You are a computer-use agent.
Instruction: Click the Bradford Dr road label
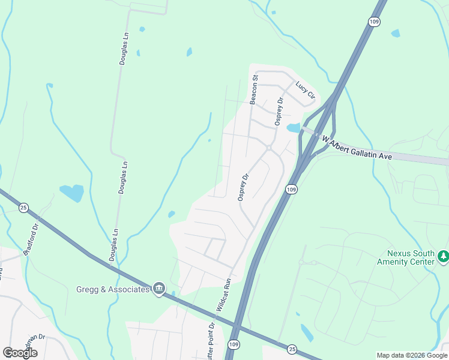[31, 239]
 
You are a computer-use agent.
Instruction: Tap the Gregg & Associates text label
[112, 289]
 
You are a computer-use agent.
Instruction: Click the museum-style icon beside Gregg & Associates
[159, 289]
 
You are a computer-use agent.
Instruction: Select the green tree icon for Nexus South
[444, 257]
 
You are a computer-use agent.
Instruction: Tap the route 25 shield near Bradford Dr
[23, 208]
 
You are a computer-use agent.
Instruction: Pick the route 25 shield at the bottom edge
[292, 349]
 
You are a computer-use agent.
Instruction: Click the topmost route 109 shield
[373, 22]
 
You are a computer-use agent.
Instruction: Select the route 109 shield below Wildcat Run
[234, 344]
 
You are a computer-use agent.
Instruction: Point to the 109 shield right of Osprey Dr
[291, 190]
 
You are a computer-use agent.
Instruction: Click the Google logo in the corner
[20, 353]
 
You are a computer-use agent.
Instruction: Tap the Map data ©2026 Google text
[412, 355]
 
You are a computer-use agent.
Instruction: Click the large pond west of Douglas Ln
[73, 193]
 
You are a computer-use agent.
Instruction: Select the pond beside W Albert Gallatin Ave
[293, 128]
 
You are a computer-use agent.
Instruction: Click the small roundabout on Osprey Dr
[269, 148]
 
